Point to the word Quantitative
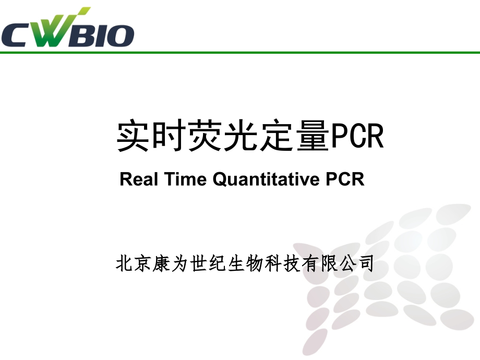(266, 179)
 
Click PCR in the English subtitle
(344, 179)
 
